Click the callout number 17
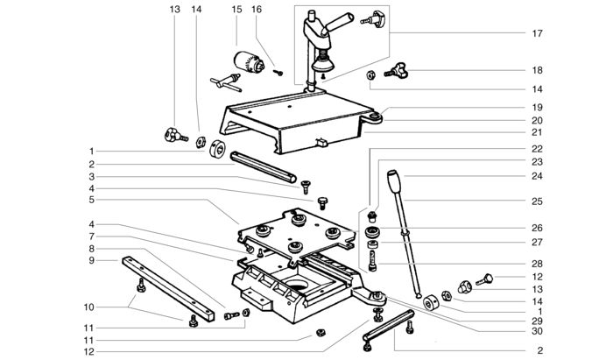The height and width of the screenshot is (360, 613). point(537,33)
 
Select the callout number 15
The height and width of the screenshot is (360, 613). point(236,9)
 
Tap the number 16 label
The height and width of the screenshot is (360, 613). point(257,9)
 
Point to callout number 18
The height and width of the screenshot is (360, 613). point(537,70)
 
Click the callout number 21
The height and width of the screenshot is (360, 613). point(537,132)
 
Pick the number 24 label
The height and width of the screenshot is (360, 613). point(537,175)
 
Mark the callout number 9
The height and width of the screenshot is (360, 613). point(91,260)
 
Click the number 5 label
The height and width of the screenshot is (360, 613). point(91,199)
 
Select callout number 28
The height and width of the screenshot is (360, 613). point(537,262)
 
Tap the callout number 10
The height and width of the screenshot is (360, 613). point(91,307)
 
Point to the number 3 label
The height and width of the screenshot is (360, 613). point(91,176)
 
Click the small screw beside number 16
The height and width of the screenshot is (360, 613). point(277,71)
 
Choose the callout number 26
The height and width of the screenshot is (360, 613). point(537,229)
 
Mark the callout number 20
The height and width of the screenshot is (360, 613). point(537,120)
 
